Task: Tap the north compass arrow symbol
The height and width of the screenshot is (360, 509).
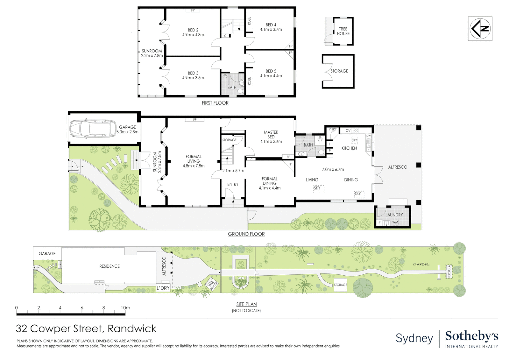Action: (x=480, y=29)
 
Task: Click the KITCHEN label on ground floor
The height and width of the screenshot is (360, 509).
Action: (x=349, y=148)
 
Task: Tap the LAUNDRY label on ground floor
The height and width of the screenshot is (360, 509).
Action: (x=394, y=215)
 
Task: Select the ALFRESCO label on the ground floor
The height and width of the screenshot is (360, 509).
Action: (x=397, y=167)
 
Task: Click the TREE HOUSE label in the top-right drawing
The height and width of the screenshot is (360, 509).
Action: (x=343, y=31)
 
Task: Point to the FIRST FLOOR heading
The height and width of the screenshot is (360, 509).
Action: (x=215, y=103)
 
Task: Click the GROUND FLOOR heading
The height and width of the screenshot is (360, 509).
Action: (x=246, y=234)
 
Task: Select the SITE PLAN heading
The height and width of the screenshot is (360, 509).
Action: (x=246, y=304)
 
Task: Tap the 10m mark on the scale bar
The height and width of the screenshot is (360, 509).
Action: (x=125, y=308)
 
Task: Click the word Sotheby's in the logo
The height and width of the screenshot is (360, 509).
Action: (x=472, y=336)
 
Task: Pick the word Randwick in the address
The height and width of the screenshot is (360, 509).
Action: (x=132, y=329)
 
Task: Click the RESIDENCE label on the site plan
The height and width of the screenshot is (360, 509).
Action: (x=109, y=266)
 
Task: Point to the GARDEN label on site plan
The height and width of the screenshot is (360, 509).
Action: (x=421, y=265)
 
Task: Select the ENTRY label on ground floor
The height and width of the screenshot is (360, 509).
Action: (x=233, y=184)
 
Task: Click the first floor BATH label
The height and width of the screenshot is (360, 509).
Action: (x=232, y=88)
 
